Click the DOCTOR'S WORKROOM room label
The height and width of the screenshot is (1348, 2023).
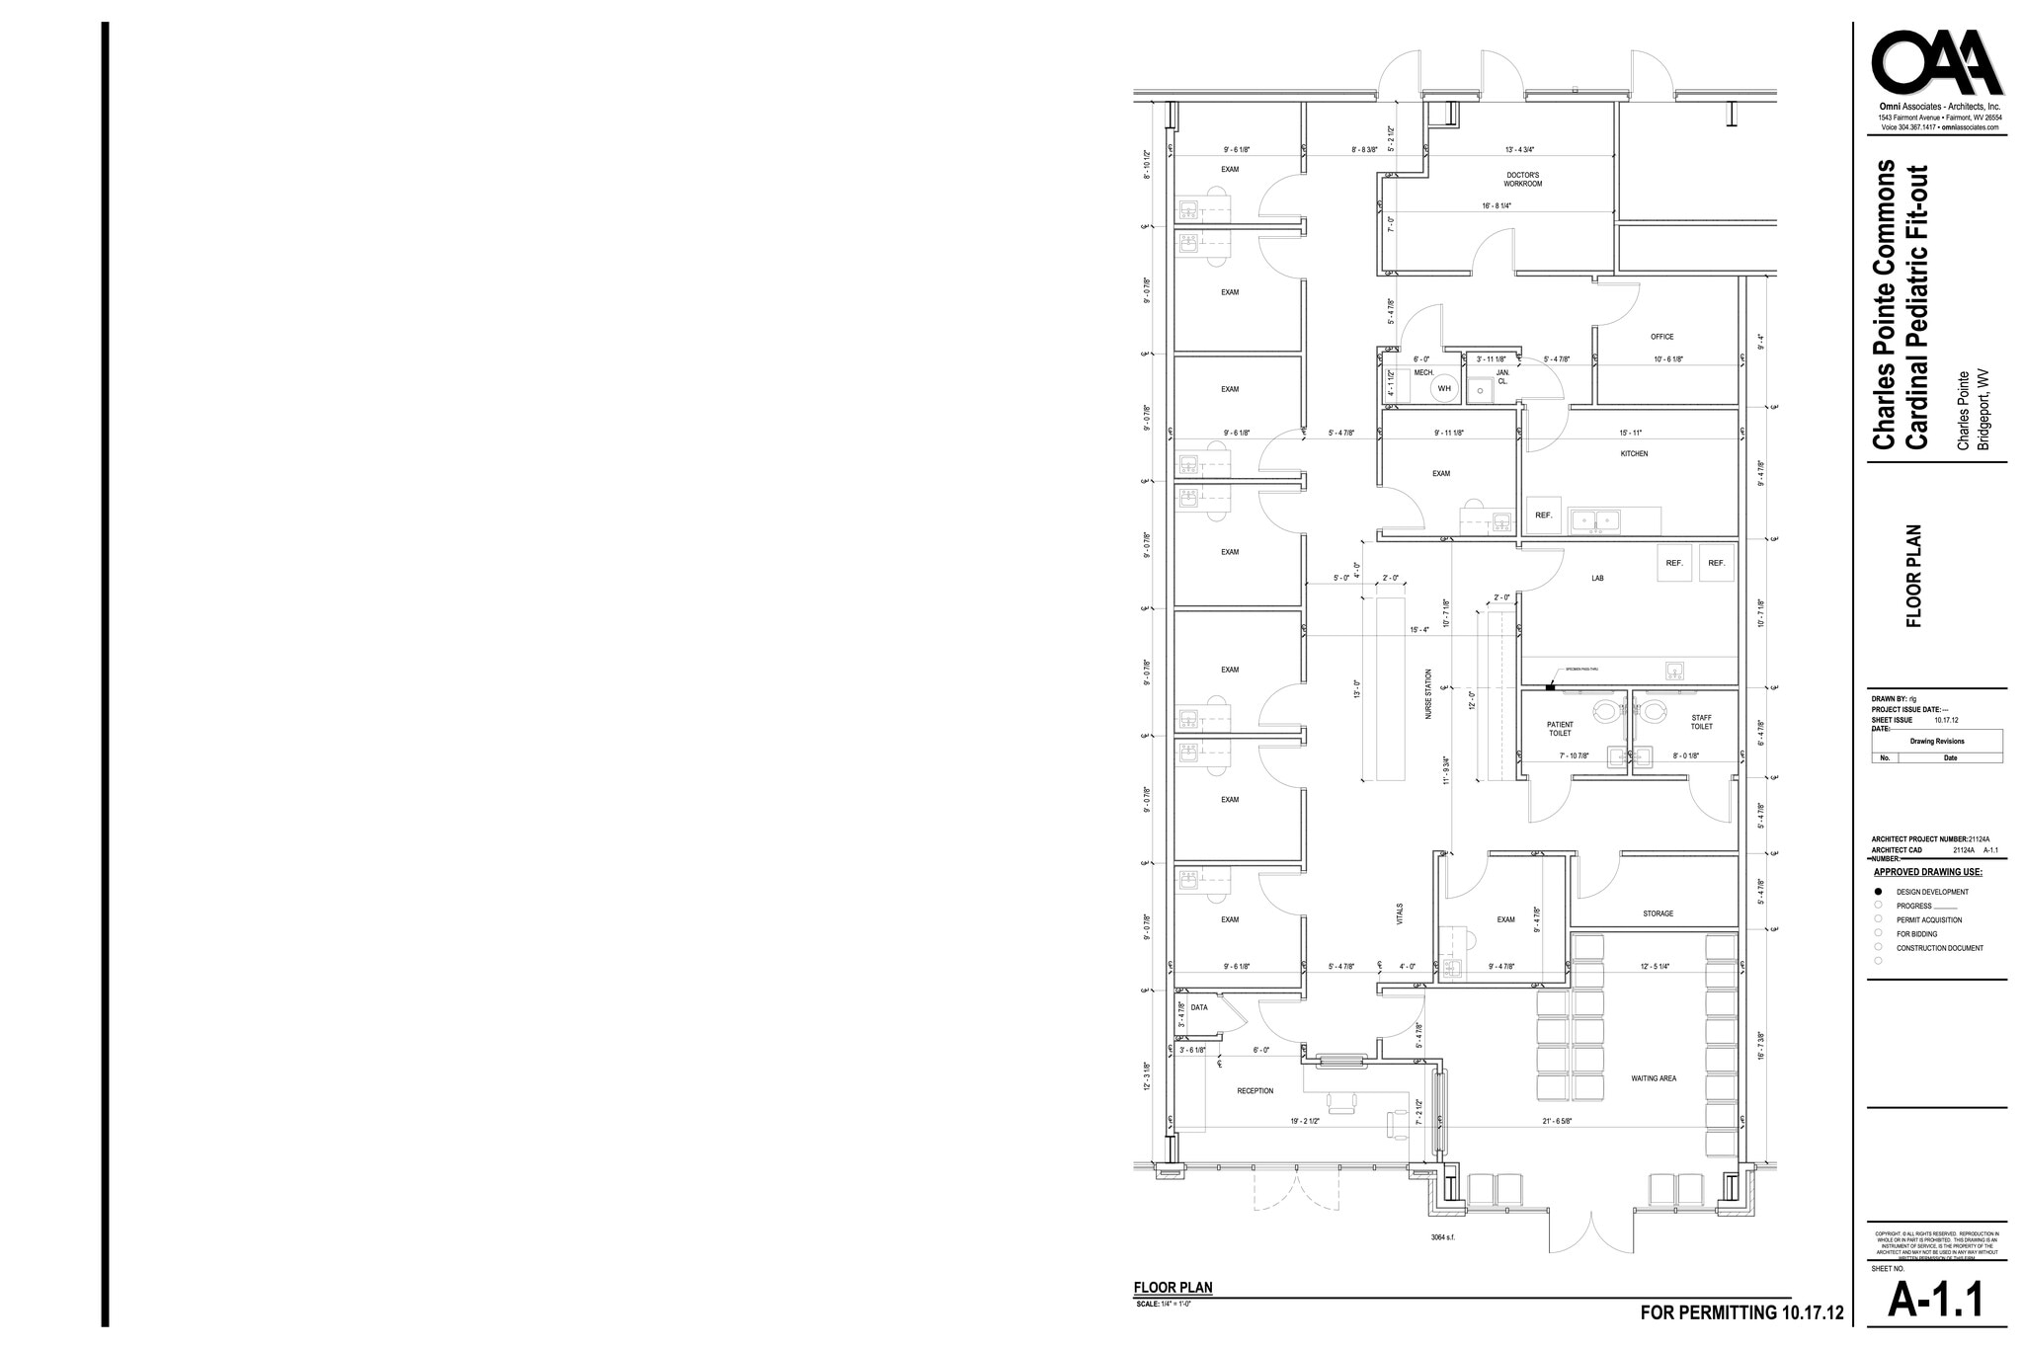(1522, 180)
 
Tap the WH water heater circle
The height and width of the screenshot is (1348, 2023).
(1444, 388)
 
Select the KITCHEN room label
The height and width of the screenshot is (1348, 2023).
(1634, 454)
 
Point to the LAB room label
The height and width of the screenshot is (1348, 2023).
(1597, 579)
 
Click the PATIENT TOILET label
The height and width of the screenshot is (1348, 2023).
(1560, 730)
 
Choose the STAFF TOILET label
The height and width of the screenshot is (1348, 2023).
(1701, 723)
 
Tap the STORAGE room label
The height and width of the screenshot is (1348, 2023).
(1658, 914)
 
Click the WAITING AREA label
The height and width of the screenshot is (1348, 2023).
(1654, 1079)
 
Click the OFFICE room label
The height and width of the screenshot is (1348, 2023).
(1661, 337)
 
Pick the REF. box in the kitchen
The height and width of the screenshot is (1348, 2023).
(1544, 515)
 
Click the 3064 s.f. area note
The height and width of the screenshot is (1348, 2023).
(1740, 1238)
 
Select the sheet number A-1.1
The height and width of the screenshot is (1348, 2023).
(1935, 1301)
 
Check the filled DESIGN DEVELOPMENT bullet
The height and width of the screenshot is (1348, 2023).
(1878, 892)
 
